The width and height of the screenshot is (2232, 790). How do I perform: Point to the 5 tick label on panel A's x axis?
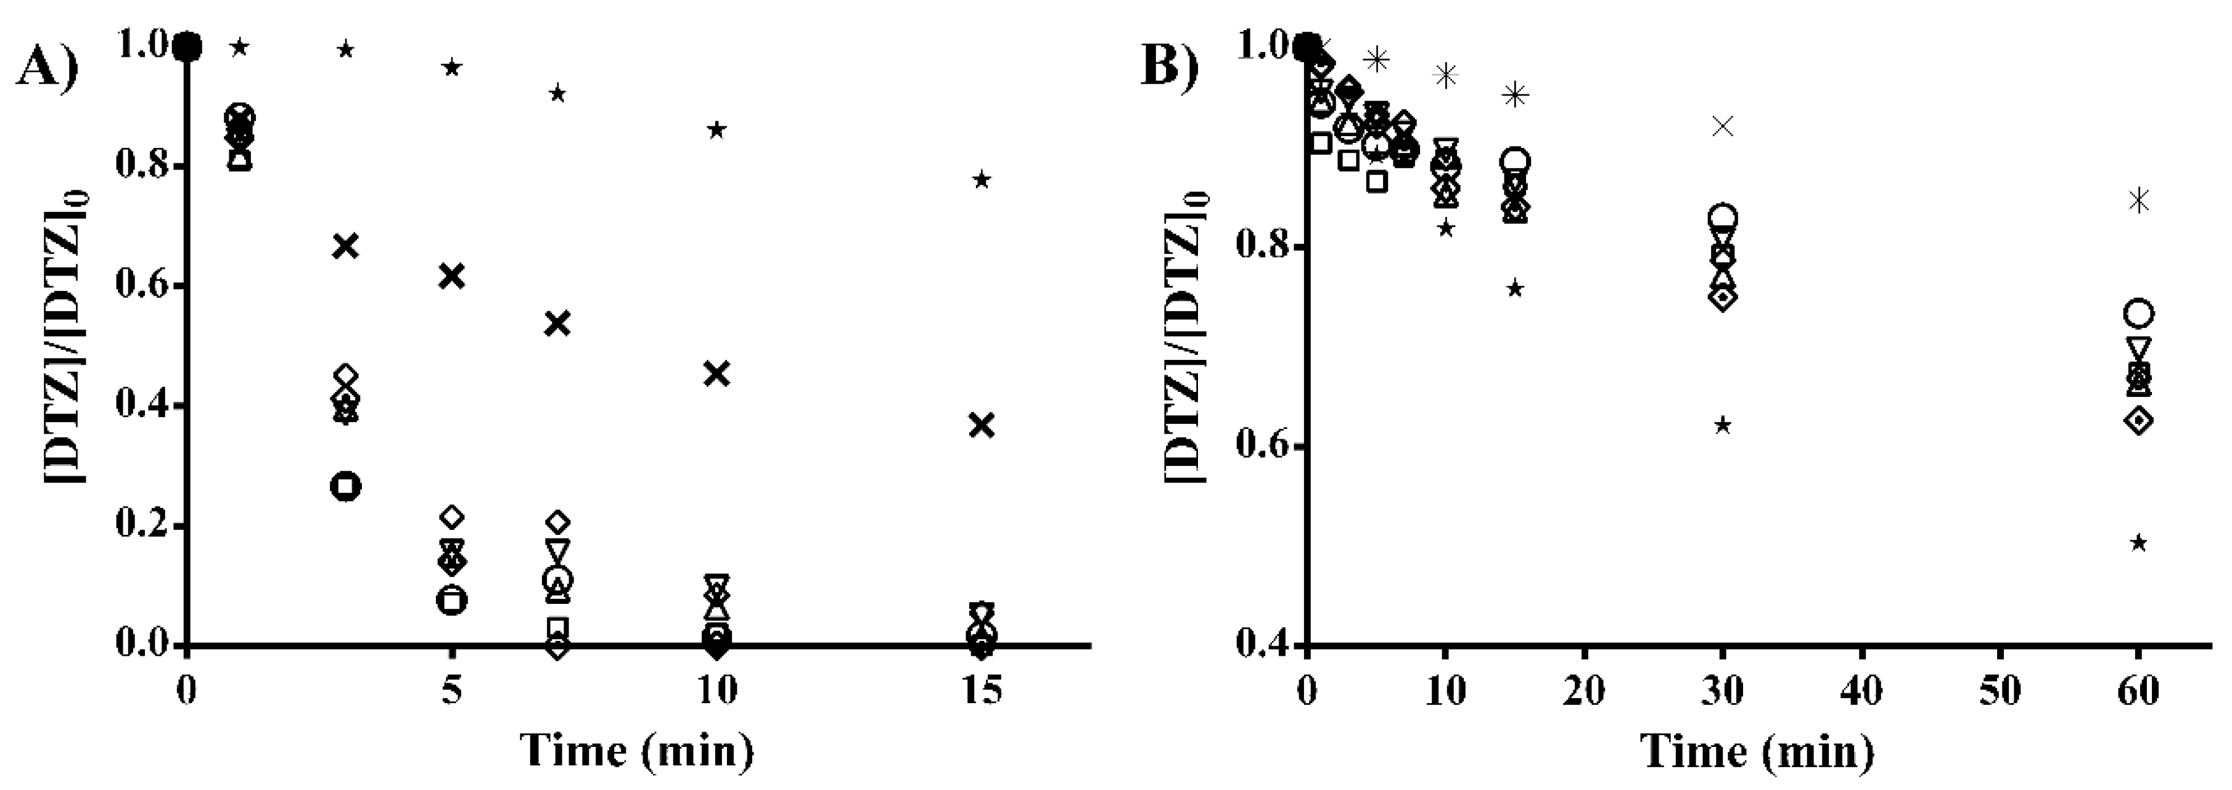click(451, 690)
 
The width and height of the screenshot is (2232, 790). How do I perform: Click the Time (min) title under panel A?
click(637, 750)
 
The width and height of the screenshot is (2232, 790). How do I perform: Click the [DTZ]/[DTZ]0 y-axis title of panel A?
click(69, 346)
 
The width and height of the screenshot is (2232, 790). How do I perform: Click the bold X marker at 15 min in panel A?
click(982, 425)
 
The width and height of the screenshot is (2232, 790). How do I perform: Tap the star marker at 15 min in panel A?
click(982, 180)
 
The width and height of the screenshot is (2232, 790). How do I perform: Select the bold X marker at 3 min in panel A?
click(346, 246)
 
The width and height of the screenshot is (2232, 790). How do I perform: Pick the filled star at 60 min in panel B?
click(2138, 543)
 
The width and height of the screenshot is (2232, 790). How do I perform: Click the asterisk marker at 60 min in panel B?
click(2138, 201)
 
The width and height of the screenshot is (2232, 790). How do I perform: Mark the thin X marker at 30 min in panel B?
click(1723, 126)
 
